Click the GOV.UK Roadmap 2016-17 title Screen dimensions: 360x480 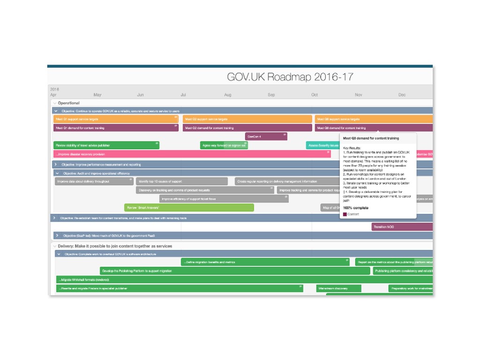coord(290,77)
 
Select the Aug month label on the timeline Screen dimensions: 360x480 coord(227,95)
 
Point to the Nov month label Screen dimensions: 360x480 coord(358,95)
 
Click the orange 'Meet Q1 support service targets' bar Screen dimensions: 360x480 coord(115,119)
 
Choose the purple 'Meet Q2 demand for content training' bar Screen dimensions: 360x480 coord(247,127)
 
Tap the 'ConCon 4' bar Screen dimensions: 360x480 coord(266,136)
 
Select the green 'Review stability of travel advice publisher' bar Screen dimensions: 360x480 coord(106,145)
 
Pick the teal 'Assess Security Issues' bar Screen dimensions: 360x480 coord(322,145)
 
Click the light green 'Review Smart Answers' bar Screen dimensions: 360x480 coord(189,207)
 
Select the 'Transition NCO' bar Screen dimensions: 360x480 coord(401,227)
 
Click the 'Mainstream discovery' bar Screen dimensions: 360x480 coord(338,288)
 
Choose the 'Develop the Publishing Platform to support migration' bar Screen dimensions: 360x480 coord(235,270)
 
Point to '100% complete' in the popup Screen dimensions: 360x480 coord(357,207)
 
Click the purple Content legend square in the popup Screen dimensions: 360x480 coord(345,214)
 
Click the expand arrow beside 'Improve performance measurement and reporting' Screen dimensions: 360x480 coord(56,165)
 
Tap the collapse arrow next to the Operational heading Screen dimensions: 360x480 coord(54,103)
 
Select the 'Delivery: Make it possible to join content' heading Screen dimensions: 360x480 coord(115,246)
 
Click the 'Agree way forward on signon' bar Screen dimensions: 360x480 coord(224,145)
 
